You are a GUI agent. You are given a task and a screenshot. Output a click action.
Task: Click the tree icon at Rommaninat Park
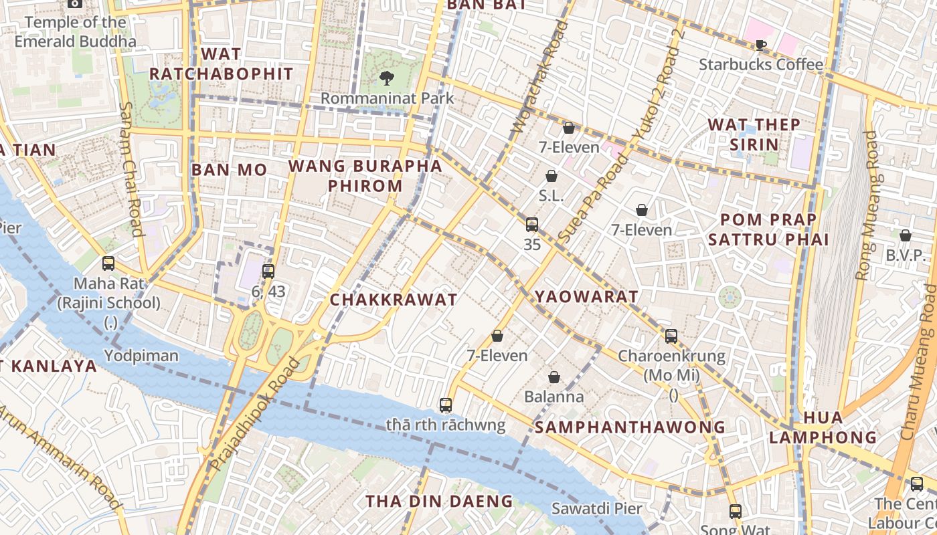386,78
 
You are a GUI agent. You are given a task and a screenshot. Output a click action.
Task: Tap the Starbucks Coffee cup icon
760,45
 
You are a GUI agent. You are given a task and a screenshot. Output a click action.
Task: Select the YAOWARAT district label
586,296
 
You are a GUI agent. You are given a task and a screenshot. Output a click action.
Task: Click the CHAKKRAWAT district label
394,300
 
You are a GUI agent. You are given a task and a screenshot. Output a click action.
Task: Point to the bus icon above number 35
532,225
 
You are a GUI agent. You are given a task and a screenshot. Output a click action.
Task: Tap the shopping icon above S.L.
551,176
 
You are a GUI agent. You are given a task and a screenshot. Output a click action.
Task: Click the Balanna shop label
553,397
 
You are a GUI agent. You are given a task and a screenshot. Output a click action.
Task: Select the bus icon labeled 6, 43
268,271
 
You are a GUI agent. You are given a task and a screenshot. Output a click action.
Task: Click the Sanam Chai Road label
131,169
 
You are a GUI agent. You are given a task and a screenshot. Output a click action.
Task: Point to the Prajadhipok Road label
255,414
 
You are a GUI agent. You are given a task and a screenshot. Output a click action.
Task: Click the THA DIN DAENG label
439,501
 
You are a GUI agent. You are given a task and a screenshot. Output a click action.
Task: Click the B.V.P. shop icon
905,235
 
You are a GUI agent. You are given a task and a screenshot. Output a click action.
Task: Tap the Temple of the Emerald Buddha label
75,31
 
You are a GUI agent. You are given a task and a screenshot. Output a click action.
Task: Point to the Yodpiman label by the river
141,355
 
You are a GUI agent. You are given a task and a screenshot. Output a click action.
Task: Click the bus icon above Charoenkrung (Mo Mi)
671,336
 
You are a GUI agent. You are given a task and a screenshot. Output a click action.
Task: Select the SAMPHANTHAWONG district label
630,427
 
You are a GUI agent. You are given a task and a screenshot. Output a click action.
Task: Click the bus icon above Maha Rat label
108,263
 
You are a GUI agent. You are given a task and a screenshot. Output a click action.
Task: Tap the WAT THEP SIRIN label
754,134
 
